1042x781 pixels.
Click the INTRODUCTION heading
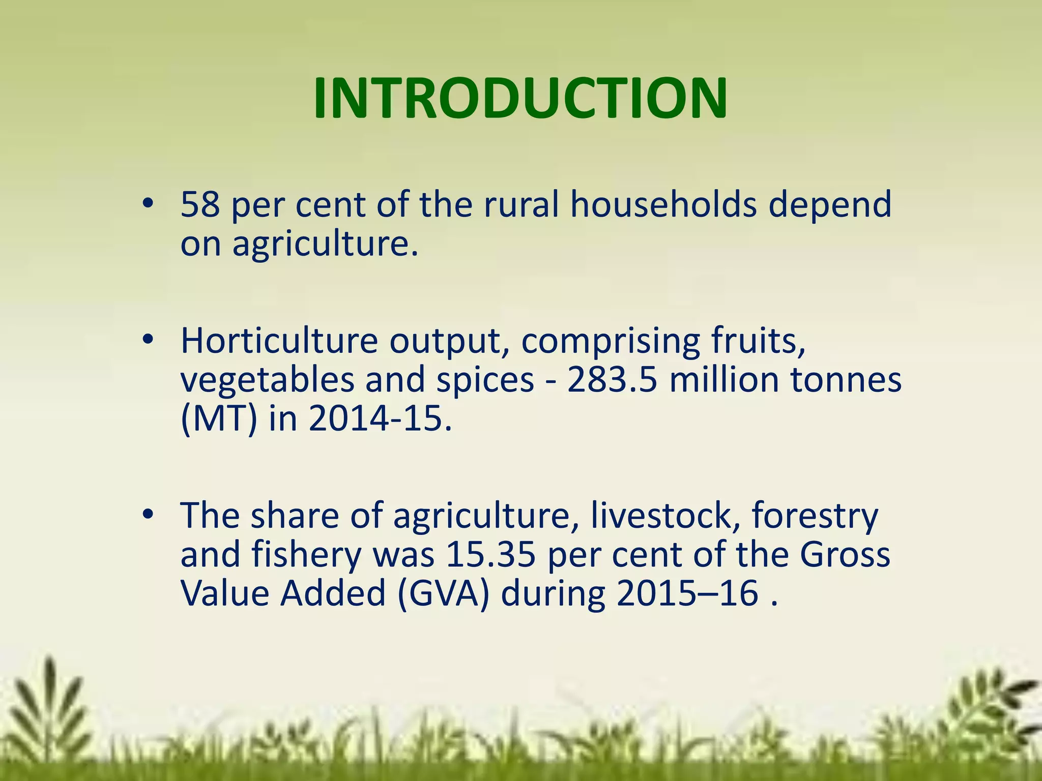(520, 99)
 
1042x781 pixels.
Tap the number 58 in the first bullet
(200, 204)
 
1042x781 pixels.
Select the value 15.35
(490, 555)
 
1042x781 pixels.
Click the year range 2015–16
(687, 594)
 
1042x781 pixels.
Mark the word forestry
(815, 516)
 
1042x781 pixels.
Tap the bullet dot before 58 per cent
(148, 204)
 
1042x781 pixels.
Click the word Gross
(845, 555)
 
